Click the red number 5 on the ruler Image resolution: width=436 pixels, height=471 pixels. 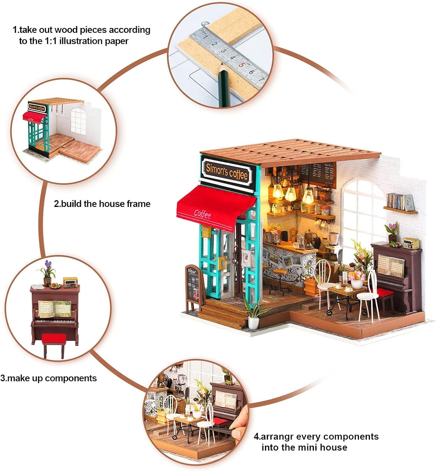click(242, 65)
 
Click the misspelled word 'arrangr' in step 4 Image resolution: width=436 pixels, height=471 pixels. click(278, 436)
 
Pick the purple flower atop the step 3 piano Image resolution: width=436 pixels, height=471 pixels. click(48, 264)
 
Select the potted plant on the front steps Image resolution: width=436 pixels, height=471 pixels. click(253, 316)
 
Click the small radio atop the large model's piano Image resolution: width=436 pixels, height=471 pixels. click(411, 243)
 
